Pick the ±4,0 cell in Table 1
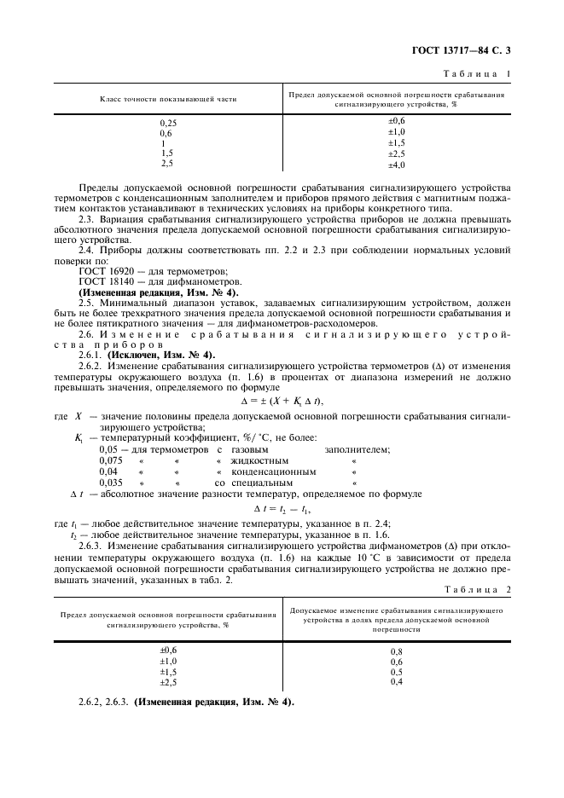pyautogui.click(x=396, y=165)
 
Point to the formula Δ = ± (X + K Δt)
pyautogui.click(x=282, y=401)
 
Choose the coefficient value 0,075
pyautogui.click(x=111, y=460)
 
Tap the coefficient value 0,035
pyautogui.click(x=111, y=482)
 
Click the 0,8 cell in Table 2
pyautogui.click(x=396, y=651)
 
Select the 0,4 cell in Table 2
pyautogui.click(x=396, y=682)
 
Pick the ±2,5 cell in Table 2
pyautogui.click(x=168, y=682)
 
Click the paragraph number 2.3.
pyautogui.click(x=87, y=217)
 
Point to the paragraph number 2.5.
pyautogui.click(x=87, y=302)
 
